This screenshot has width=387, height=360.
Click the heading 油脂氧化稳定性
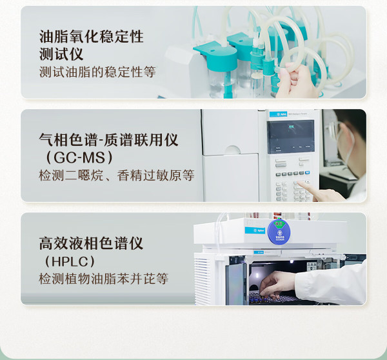click(92, 37)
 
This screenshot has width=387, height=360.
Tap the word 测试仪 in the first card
click(61, 54)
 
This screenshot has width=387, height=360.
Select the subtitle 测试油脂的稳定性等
click(97, 72)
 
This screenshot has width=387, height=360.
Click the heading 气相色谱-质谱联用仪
click(108, 140)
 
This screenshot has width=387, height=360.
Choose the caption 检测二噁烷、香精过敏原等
click(117, 175)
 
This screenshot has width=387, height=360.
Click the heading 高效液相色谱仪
click(91, 243)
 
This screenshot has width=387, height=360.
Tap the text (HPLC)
click(70, 261)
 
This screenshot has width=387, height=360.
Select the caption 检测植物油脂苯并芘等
click(103, 279)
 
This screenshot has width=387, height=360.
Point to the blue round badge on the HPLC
click(279, 232)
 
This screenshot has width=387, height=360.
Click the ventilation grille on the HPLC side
click(203, 281)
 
